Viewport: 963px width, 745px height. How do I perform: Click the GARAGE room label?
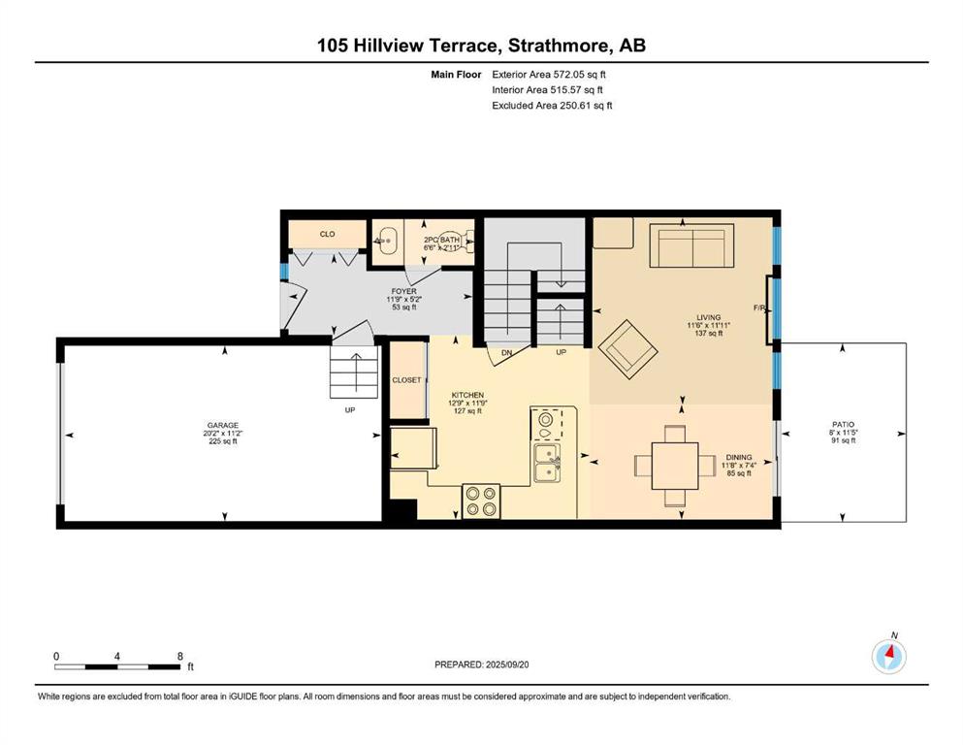click(222, 425)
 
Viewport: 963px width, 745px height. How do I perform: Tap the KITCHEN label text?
click(467, 395)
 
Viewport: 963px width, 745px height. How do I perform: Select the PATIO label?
click(844, 425)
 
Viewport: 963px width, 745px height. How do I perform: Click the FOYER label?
click(403, 291)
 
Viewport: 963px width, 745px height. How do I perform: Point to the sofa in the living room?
click(691, 245)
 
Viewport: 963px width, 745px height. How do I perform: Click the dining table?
click(675, 465)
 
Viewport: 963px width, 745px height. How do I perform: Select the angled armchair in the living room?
click(627, 349)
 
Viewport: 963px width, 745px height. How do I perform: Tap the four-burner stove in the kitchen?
click(481, 502)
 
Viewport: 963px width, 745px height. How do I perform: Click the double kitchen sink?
click(546, 463)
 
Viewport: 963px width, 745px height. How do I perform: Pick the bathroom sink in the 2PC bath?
click(387, 242)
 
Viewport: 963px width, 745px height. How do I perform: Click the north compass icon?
click(888, 657)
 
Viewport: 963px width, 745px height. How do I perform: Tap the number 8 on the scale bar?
click(180, 656)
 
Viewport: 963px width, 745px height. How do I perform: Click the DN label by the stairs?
click(506, 352)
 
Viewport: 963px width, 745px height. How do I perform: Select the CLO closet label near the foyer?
click(328, 234)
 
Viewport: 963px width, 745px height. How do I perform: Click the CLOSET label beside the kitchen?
click(406, 380)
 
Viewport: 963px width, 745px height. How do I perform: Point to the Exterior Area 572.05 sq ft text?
click(549, 75)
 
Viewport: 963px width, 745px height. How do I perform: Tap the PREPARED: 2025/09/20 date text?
click(481, 664)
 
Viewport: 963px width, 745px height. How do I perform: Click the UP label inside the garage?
click(349, 409)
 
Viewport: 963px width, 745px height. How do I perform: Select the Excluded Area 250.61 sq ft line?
click(552, 105)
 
